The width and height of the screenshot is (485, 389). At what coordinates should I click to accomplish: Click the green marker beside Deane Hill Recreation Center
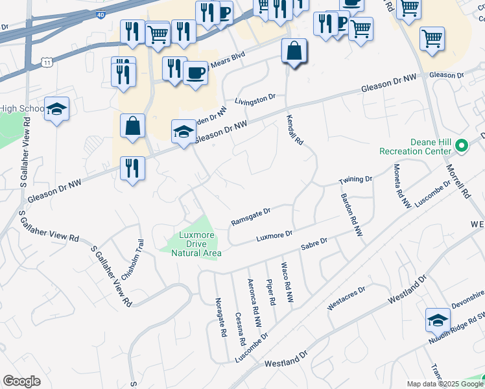(462, 145)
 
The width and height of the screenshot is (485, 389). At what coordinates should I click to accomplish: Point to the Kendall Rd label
(295, 130)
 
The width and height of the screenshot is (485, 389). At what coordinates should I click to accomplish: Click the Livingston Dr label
(255, 100)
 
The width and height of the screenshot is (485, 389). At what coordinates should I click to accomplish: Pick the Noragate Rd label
(220, 317)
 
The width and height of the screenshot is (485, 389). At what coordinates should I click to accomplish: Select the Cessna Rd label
(240, 329)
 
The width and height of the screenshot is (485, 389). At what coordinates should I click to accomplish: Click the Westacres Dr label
(347, 297)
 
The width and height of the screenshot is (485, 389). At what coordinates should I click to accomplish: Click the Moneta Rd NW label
(403, 186)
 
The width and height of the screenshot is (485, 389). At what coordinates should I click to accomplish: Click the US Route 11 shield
(47, 62)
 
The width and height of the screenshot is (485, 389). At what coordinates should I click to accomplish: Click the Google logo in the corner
(21, 381)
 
